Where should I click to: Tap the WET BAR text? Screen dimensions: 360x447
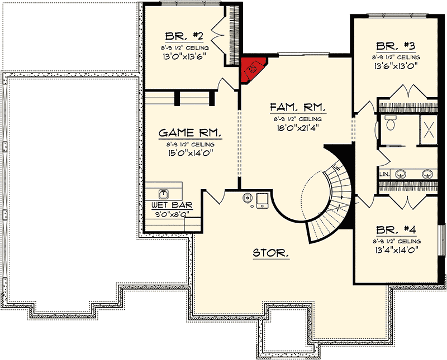pyautogui.click(x=165, y=205)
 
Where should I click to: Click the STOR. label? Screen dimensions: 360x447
pyautogui.click(x=271, y=253)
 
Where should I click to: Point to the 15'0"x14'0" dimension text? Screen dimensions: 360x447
pyautogui.click(x=191, y=152)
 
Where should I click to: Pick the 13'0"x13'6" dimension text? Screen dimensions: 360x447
pyautogui.click(x=179, y=56)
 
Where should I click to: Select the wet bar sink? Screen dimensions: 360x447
pyautogui.click(x=164, y=193)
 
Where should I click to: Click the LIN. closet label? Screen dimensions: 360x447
pyautogui.click(x=384, y=174)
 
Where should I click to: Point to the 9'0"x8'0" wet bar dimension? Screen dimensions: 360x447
pyautogui.click(x=165, y=213)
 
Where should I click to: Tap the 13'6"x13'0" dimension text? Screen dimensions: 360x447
pyautogui.click(x=395, y=65)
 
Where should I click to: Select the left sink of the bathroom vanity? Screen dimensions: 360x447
pyautogui.click(x=401, y=174)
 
